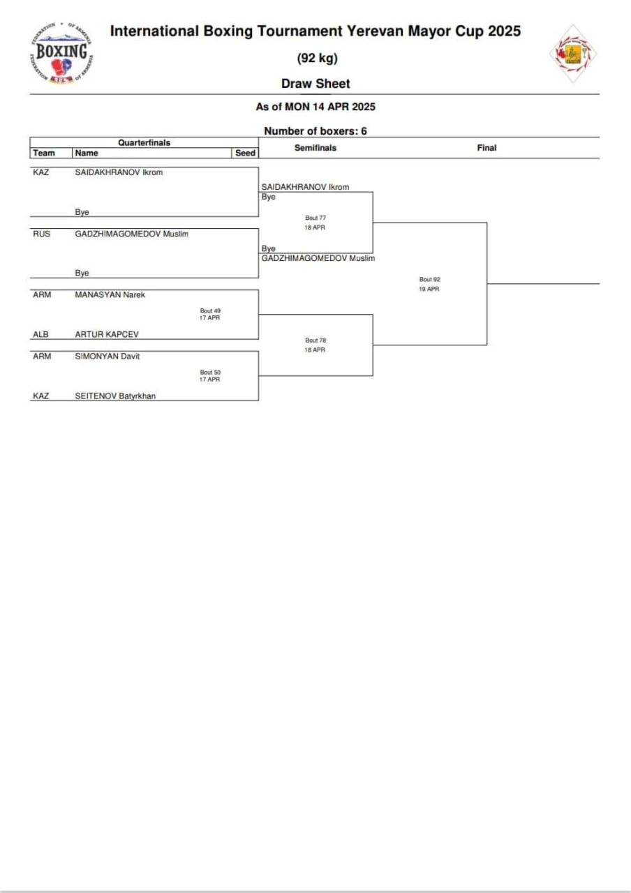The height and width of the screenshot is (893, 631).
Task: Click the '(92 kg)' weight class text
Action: [317, 58]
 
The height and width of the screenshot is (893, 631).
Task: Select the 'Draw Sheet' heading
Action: [315, 84]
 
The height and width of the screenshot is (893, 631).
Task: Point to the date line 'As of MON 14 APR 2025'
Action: [315, 107]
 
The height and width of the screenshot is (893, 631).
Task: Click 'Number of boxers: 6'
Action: [315, 131]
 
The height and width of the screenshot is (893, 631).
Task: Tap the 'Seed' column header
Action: [246, 153]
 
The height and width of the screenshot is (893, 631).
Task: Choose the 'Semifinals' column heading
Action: [315, 148]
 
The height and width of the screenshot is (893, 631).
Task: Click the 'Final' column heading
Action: [487, 148]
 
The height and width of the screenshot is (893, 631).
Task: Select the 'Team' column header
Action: [44, 153]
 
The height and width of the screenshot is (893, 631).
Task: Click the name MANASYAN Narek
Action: [110, 294]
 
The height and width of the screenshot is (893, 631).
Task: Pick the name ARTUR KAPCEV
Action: [107, 334]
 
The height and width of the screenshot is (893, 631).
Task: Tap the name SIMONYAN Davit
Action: [107, 356]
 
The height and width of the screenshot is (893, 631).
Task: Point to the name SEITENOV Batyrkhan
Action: [115, 396]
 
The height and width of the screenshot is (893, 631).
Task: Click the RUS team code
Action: [42, 234]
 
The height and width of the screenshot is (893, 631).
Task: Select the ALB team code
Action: [41, 334]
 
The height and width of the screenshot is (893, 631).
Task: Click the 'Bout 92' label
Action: [429, 280]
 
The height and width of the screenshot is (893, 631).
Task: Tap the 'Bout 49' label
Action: [210, 310]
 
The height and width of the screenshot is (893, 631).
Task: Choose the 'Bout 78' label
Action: [315, 340]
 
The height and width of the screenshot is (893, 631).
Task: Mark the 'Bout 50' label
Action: [210, 372]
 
